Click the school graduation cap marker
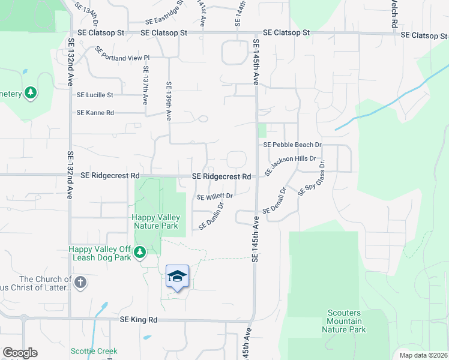pos(177,277)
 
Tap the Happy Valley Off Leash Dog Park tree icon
pos(140,252)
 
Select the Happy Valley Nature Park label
pos(155,221)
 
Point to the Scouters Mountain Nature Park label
pos(343,321)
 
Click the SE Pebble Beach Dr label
pos(292,145)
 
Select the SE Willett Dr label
pos(214,196)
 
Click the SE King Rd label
pos(138,320)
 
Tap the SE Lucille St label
pos(95,95)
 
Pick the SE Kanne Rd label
pos(95,113)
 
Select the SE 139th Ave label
pos(169,100)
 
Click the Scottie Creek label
pos(94,351)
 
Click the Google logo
pos(20,353)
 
